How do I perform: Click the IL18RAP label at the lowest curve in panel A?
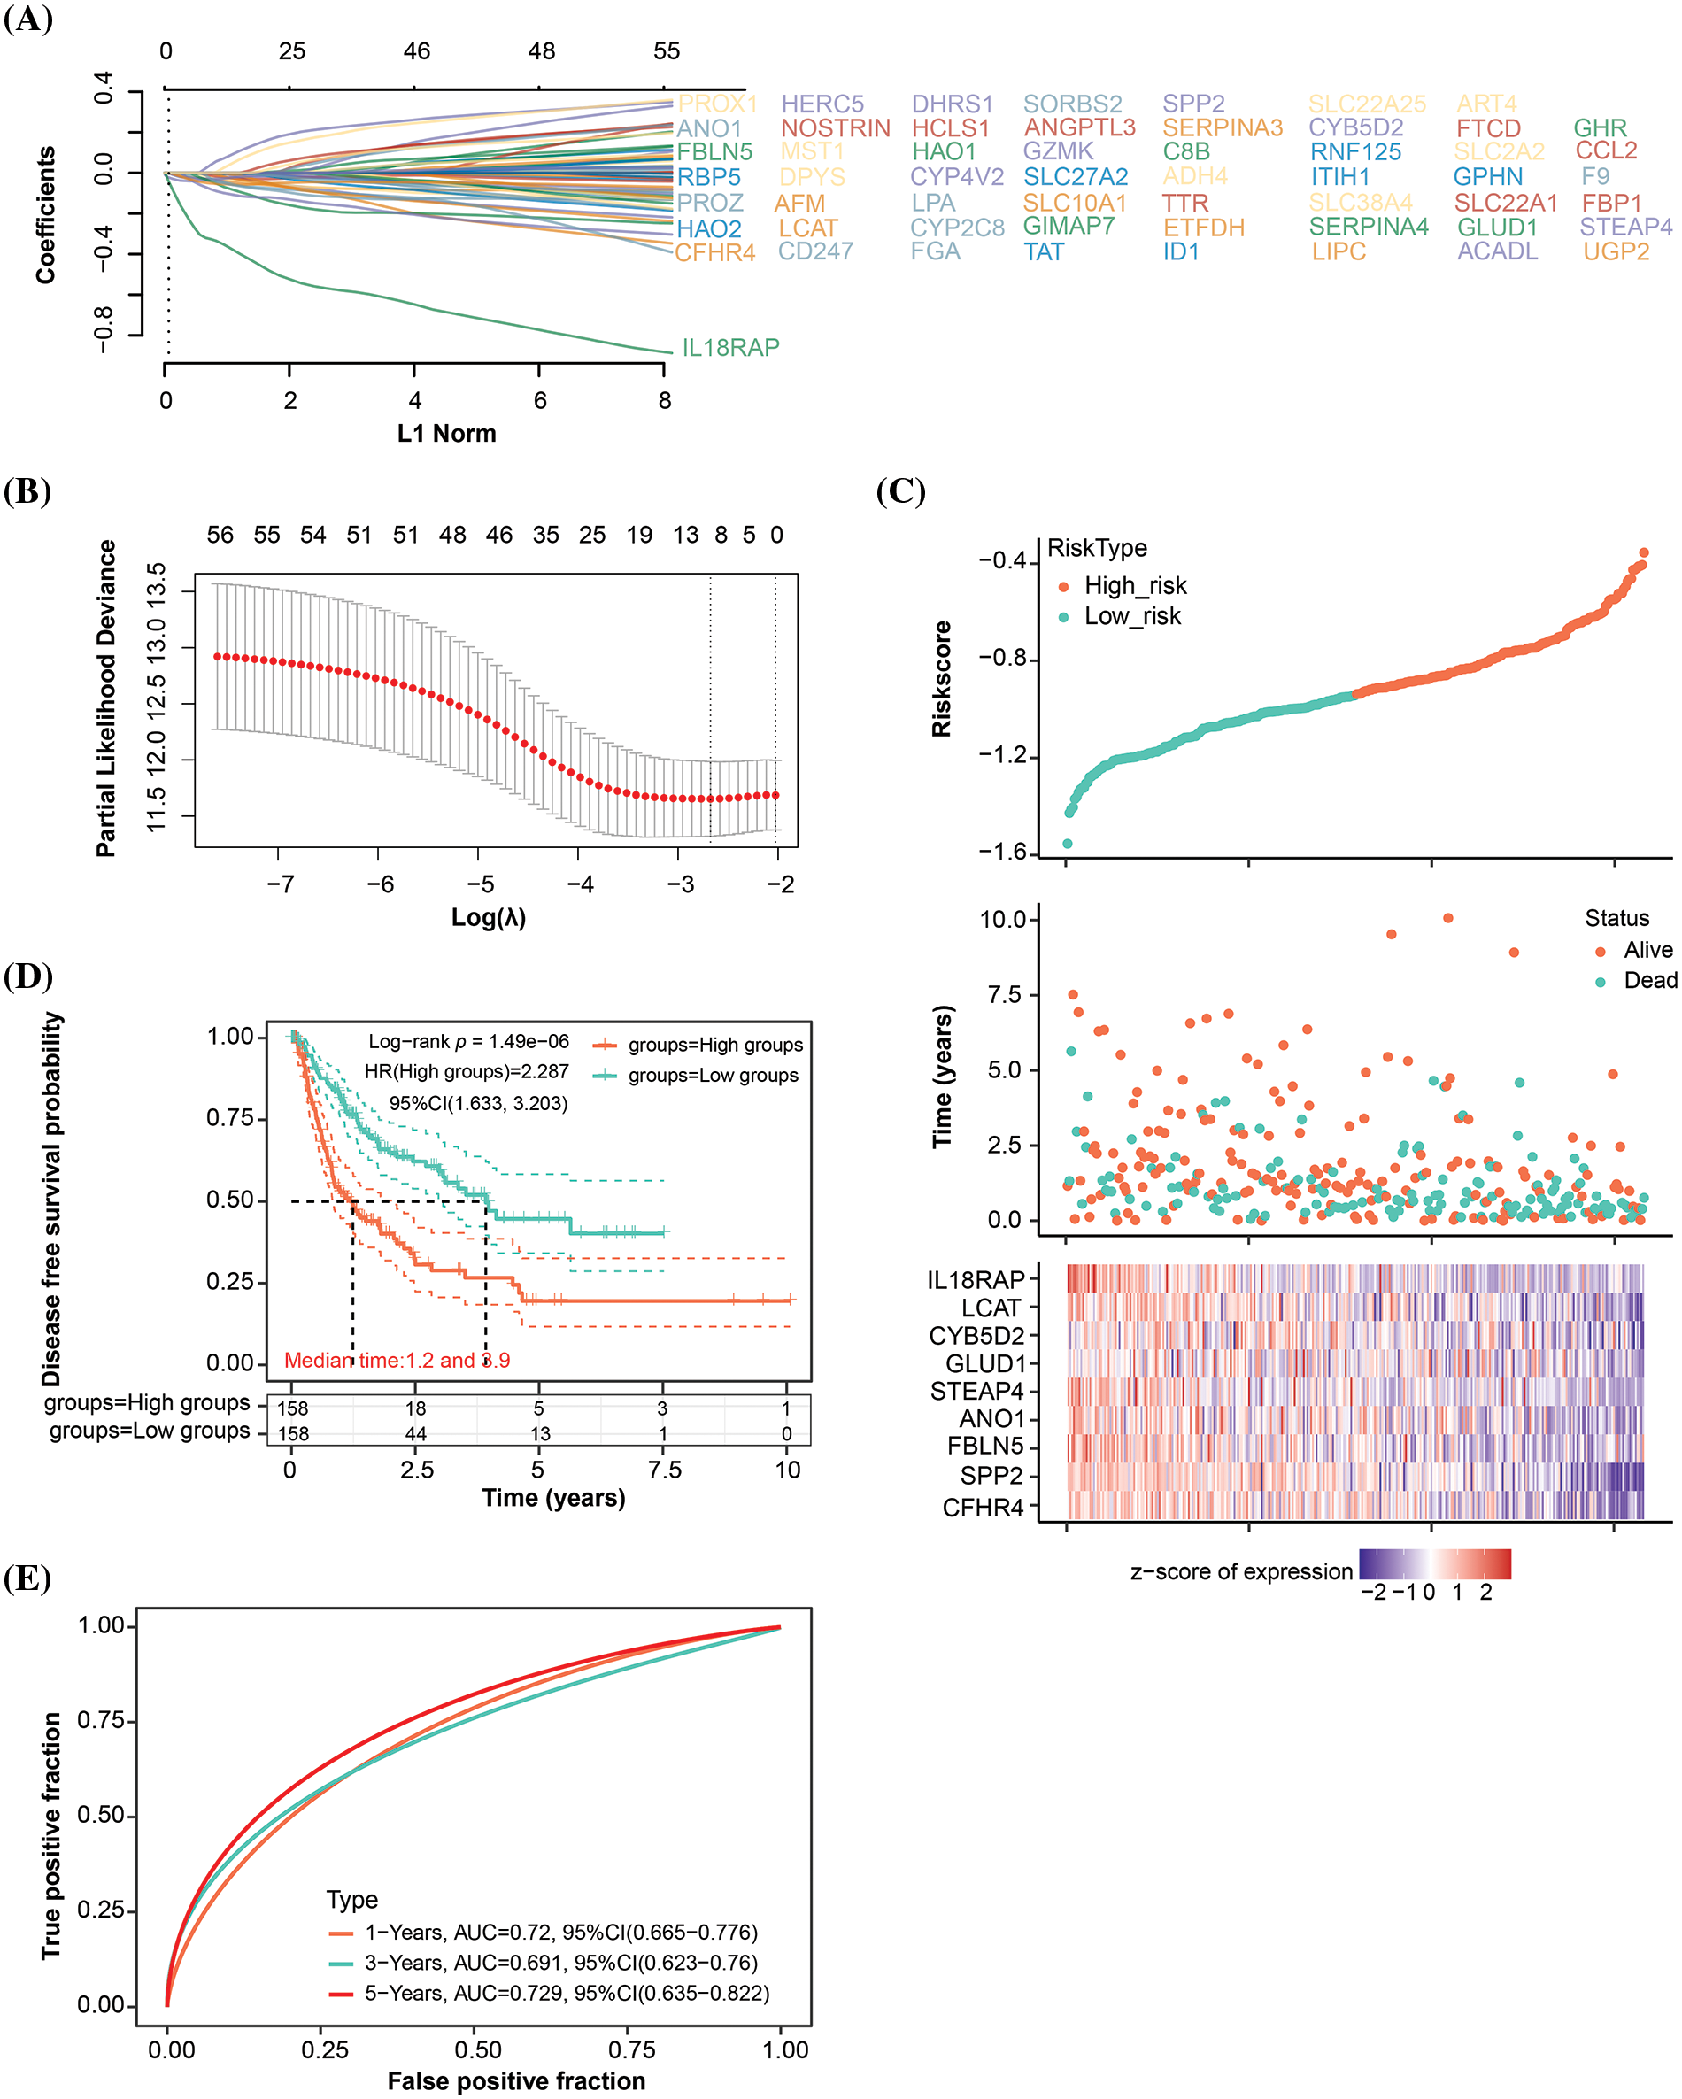click(730, 348)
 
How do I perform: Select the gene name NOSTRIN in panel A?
click(835, 128)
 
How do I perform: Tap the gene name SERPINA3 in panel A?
click(1222, 128)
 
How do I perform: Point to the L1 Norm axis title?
click(446, 433)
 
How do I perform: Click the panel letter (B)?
click(27, 491)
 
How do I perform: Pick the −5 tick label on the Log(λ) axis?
click(480, 884)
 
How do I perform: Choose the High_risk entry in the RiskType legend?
click(1135, 586)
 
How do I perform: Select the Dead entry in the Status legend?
click(1650, 980)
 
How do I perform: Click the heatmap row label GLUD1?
click(984, 1364)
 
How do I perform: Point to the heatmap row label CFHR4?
click(984, 1508)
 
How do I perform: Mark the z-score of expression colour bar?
click(1435, 1563)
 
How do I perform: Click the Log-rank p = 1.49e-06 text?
click(468, 1042)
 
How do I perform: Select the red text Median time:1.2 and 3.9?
click(397, 1360)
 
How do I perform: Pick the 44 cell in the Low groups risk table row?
click(416, 1434)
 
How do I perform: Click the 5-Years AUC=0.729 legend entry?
click(567, 1994)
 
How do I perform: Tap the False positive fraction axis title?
click(516, 2081)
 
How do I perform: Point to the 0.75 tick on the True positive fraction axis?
click(100, 1720)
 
